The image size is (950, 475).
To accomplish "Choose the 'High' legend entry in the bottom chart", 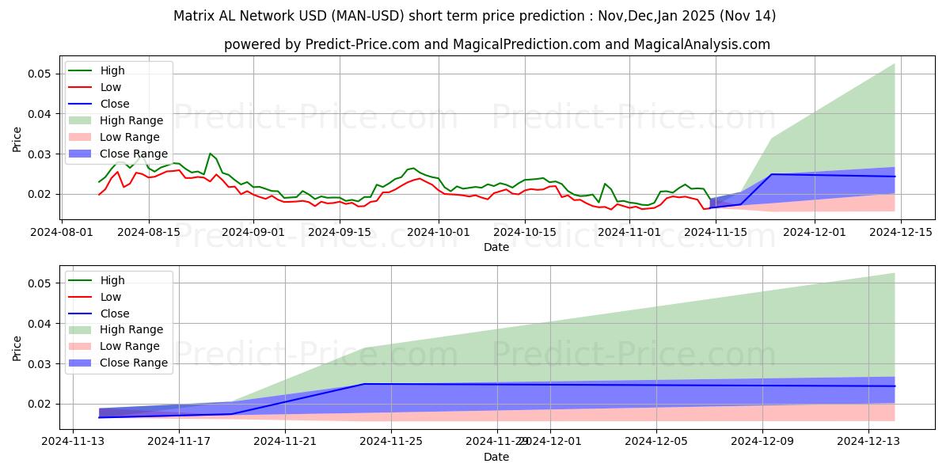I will point(112,280).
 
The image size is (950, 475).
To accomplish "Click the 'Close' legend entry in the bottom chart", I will point(115,313).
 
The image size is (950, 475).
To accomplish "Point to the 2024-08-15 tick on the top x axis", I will point(149,232).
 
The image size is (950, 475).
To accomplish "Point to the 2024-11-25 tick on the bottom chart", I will point(391,442).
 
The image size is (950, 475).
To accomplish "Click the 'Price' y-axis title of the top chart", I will point(17,139).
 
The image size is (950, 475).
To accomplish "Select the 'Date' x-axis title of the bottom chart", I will point(496,457).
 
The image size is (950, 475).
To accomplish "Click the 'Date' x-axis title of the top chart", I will point(496,247).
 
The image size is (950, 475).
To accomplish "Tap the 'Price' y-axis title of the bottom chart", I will point(17,348).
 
